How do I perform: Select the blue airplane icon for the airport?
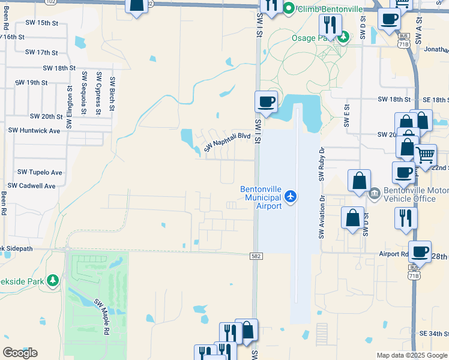[x=291, y=196]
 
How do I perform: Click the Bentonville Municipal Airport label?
[x=261, y=197]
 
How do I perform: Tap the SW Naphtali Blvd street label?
[x=228, y=142]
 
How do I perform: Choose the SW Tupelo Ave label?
[x=40, y=172]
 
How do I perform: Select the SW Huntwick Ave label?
[x=34, y=130]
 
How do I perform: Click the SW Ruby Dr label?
[x=322, y=164]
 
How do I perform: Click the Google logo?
[x=20, y=353]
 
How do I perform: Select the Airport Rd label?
[x=393, y=254]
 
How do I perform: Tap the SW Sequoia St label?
[x=85, y=92]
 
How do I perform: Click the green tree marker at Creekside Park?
[x=53, y=280]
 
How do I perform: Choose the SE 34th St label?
[x=434, y=333]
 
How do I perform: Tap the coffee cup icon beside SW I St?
[x=266, y=101]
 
